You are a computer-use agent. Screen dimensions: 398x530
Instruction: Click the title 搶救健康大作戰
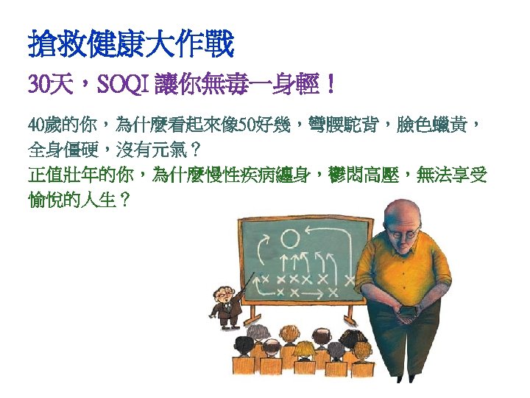(x=130, y=45)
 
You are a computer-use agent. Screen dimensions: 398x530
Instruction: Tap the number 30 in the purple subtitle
(x=38, y=85)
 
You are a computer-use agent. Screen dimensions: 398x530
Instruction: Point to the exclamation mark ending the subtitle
(x=333, y=85)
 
